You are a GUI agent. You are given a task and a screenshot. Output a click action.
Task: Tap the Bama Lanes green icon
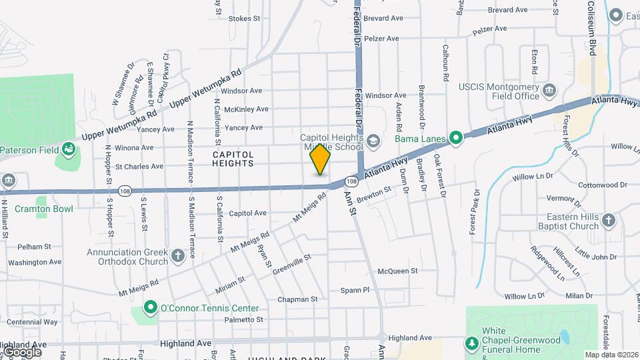456,139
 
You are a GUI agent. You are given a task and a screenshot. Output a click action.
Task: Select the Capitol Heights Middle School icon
374,140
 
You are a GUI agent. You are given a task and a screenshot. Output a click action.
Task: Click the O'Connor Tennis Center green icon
151,309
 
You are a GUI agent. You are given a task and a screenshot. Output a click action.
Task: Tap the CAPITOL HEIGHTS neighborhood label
233,159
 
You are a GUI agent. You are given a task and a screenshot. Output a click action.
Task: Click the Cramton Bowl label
45,209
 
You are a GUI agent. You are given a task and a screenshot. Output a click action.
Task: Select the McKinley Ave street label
246,109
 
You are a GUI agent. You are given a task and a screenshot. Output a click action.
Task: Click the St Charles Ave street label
139,167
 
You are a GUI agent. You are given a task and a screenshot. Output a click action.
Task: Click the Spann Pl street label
355,290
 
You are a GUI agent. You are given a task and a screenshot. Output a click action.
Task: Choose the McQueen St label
397,271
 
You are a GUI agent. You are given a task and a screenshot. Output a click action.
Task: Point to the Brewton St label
373,195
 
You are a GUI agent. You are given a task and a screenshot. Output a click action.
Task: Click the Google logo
21,351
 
